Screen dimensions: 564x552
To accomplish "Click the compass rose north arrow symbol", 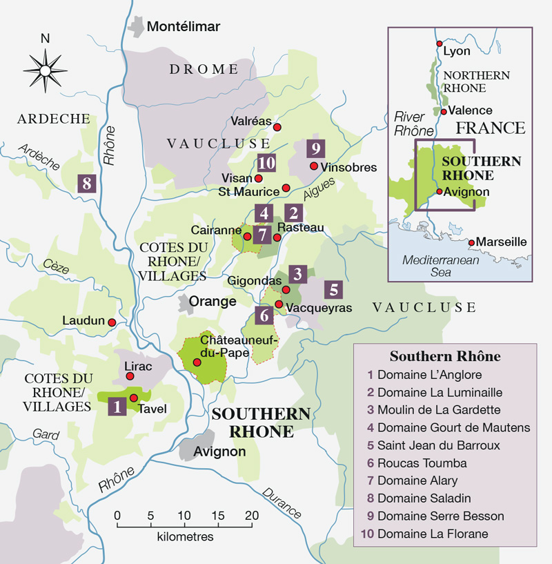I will [x=45, y=68].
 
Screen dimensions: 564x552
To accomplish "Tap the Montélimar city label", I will [x=184, y=27].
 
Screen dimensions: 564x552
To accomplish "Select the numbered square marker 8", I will [x=86, y=184].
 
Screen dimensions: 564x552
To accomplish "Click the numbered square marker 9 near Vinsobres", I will [x=315, y=148].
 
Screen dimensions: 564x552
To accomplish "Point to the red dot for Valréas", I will [x=277, y=127].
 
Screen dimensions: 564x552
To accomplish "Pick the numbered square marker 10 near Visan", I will [x=266, y=163].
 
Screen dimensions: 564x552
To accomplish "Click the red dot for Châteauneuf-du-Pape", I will [x=197, y=362].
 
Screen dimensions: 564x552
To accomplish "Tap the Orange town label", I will [x=213, y=302].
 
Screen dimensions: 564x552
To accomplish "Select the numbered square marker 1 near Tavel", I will [x=117, y=407].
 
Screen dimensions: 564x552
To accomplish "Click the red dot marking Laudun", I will [x=111, y=322].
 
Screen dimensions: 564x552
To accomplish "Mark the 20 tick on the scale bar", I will [x=251, y=515].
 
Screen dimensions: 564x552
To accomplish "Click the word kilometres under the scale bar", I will [x=185, y=536].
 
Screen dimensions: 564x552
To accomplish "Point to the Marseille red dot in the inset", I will [x=472, y=242].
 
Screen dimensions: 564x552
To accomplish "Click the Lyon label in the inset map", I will [x=457, y=51].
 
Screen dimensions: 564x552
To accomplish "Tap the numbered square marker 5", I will [x=332, y=289].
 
